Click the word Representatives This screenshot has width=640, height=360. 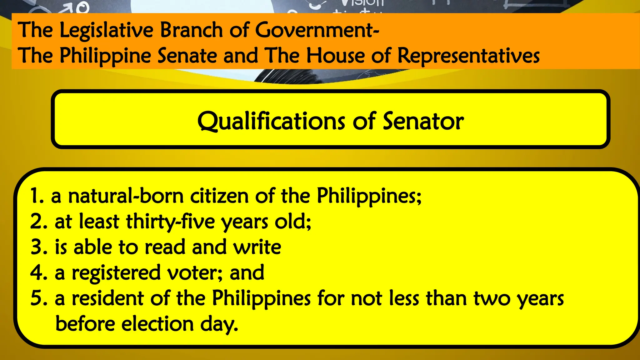468,56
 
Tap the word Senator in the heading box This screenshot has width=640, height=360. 423,121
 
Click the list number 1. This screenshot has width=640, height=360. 37,196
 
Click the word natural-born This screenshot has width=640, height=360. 126,196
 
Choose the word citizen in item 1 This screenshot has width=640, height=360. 219,196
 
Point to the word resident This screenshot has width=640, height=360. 108,298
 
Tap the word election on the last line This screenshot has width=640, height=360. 158,324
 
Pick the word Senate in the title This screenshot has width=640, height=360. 187,56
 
